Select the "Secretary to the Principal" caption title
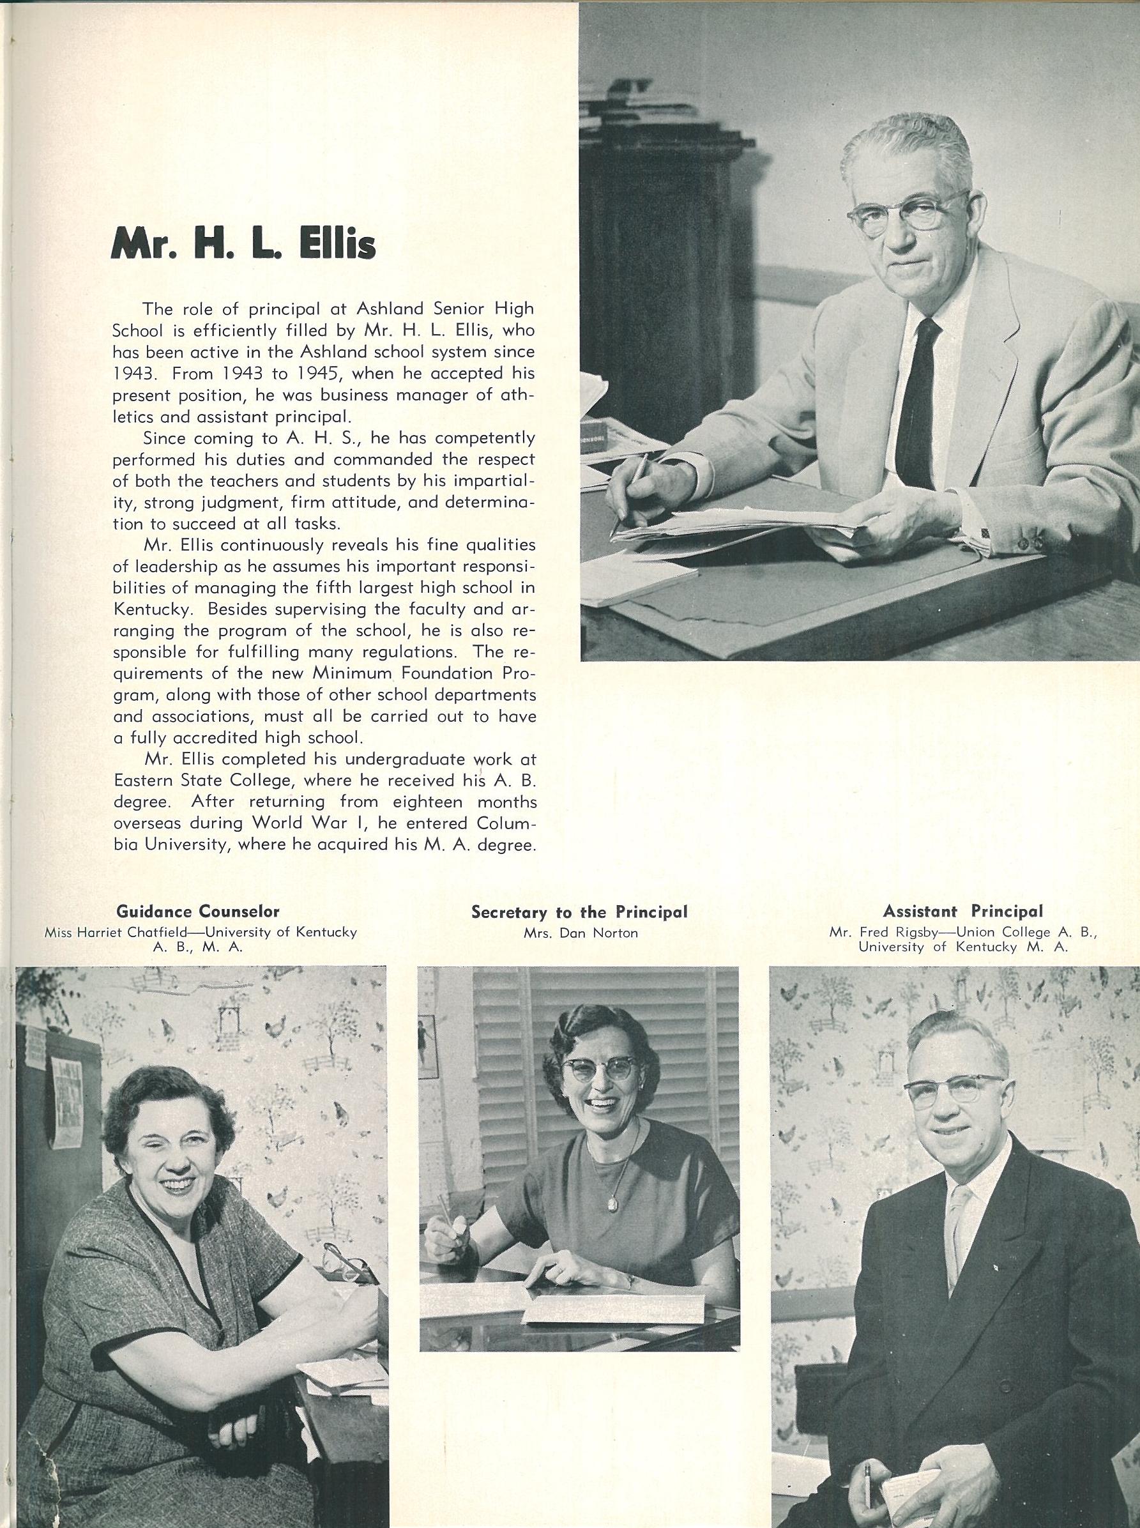pyautogui.click(x=580, y=912)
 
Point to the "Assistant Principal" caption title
pyautogui.click(x=963, y=911)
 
